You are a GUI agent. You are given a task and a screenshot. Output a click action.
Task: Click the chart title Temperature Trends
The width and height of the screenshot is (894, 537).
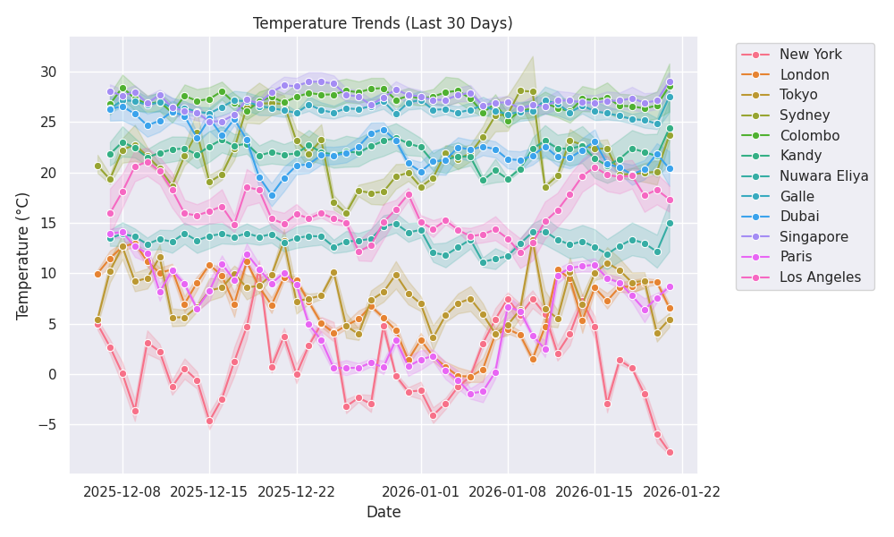tap(383, 23)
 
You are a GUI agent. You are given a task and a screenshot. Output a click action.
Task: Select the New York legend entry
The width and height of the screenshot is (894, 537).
tap(810, 55)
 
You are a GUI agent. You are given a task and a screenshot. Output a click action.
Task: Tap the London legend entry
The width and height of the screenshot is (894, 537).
tap(804, 75)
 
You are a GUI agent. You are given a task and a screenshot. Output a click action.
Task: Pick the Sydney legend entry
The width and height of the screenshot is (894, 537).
tap(804, 115)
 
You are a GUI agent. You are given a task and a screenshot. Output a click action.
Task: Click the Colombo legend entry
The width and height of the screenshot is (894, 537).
tap(809, 135)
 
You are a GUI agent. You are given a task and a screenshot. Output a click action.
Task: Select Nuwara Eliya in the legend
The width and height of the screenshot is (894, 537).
tap(823, 176)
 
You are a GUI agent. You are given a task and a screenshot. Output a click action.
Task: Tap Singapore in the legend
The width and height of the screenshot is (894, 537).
tap(813, 237)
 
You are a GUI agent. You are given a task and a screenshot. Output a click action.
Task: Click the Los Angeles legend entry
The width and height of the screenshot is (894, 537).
tap(820, 277)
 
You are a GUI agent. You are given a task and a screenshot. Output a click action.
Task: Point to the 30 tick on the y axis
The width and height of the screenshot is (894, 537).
tap(49, 72)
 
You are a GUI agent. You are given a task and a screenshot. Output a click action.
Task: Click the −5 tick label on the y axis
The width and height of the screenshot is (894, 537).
tap(46, 424)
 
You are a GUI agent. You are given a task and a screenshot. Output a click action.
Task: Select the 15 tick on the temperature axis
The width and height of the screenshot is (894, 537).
tap(49, 223)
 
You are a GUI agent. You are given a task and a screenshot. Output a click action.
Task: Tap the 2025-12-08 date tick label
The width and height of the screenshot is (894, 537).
tap(122, 491)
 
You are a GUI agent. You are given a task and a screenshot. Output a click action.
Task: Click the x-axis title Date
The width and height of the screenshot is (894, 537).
tap(383, 512)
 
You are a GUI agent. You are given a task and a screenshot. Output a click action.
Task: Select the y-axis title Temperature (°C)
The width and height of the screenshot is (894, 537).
tap(23, 255)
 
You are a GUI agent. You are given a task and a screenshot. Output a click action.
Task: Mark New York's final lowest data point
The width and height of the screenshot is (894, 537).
tap(670, 452)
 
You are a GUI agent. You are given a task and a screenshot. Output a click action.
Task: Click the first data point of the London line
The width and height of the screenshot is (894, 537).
tap(97, 274)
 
